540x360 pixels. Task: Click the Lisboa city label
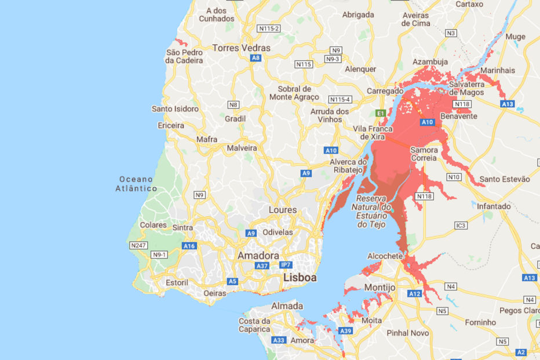coord(300,278)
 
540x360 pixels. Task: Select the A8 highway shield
coord(256,58)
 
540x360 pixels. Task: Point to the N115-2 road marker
coord(269,28)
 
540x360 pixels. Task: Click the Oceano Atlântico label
coord(136,184)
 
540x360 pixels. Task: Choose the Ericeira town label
coord(170,125)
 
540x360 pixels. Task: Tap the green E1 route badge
coord(381,113)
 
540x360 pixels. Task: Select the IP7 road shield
coord(286,265)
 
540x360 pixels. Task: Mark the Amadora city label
coord(258,255)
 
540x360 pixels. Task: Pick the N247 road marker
coord(138,246)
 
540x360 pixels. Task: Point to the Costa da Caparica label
coord(255,325)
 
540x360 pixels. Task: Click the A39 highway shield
coord(345,331)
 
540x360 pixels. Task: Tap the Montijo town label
coord(380,288)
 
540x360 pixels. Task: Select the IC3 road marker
coord(461,225)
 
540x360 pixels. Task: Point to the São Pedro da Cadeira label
coord(184,56)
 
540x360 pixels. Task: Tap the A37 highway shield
coord(262,266)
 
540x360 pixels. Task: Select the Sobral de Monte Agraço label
coord(294,93)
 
